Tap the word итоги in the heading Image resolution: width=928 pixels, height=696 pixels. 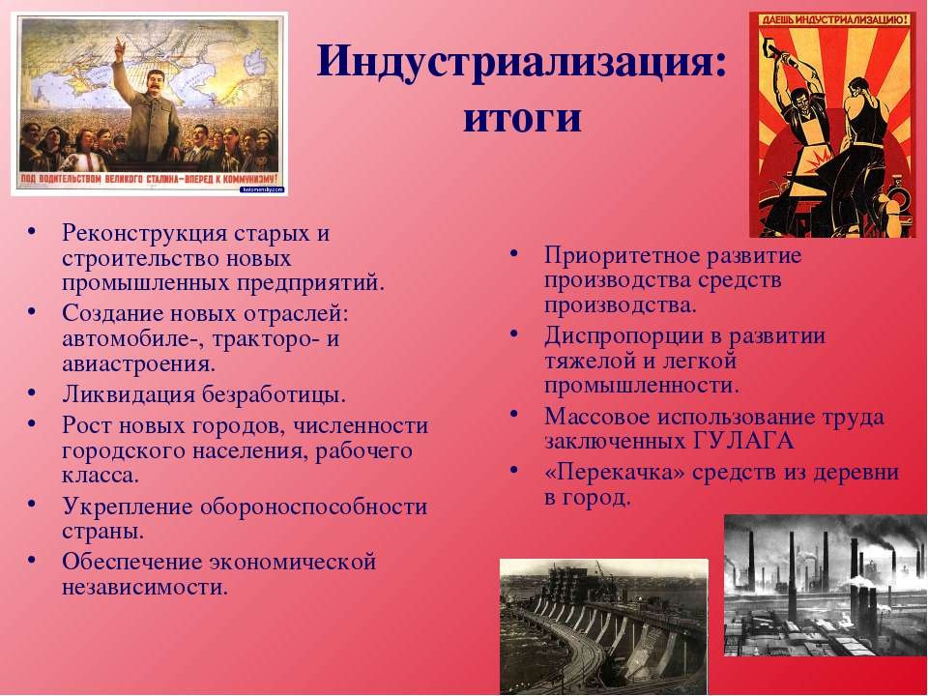coord(522,118)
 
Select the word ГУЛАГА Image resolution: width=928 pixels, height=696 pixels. coord(742,442)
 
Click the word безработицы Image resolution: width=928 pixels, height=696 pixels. coord(274,394)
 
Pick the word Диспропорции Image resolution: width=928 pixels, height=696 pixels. coord(632,337)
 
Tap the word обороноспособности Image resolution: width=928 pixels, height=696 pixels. coord(313,507)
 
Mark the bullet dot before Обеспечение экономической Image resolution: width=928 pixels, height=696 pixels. coord(31,559)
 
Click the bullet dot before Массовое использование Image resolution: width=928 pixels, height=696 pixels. coord(514,414)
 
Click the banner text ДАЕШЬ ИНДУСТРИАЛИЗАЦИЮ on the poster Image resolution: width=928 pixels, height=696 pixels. coord(834,20)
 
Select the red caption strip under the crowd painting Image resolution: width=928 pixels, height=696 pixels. coord(149,180)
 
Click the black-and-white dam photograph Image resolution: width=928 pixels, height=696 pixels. coord(603,626)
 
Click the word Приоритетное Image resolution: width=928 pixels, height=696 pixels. coord(623,256)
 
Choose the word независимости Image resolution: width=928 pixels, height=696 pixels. coord(145,587)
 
